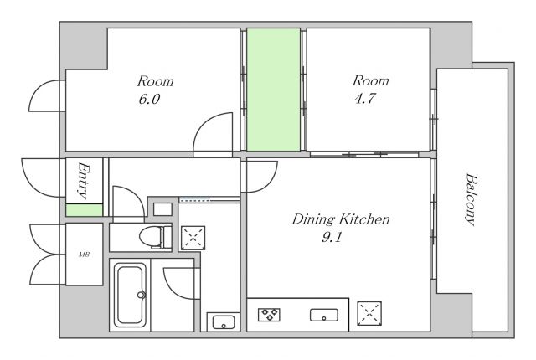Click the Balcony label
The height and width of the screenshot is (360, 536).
tap(472, 200)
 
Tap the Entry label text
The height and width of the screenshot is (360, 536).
tap(84, 180)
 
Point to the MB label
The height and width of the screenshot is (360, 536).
tap(84, 255)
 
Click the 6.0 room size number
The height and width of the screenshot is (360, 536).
tap(149, 99)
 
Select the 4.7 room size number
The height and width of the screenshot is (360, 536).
tap(365, 98)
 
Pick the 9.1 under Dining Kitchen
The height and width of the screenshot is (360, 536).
tap(332, 237)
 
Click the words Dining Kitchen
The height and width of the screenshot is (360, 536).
tap(341, 219)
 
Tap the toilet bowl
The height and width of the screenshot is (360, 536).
tap(155, 236)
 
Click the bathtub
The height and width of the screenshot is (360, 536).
tap(130, 295)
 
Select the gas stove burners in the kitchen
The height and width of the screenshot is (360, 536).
tap(269, 315)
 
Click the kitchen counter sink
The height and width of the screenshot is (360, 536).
tap(324, 315)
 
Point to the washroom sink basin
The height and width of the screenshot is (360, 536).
tap(224, 322)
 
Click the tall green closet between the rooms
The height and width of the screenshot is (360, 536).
tap(274, 90)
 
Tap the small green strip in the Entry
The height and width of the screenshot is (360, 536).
tap(84, 210)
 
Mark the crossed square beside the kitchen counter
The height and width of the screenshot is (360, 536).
tap(369, 313)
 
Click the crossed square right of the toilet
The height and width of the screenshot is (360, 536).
tap(193, 238)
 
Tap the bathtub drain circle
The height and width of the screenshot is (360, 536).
tap(141, 295)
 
